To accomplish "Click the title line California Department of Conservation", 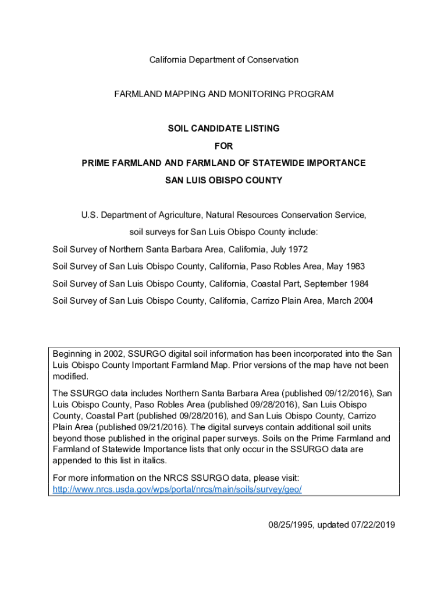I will [224, 60].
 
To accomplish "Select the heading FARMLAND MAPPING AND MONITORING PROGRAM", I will [224, 94].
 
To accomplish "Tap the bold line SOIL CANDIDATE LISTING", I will [224, 129].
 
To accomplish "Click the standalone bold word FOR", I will [224, 146].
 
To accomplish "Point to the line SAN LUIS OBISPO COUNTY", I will [224, 180].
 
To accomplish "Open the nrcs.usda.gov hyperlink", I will [177, 490].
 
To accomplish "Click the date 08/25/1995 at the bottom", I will [289, 525].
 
